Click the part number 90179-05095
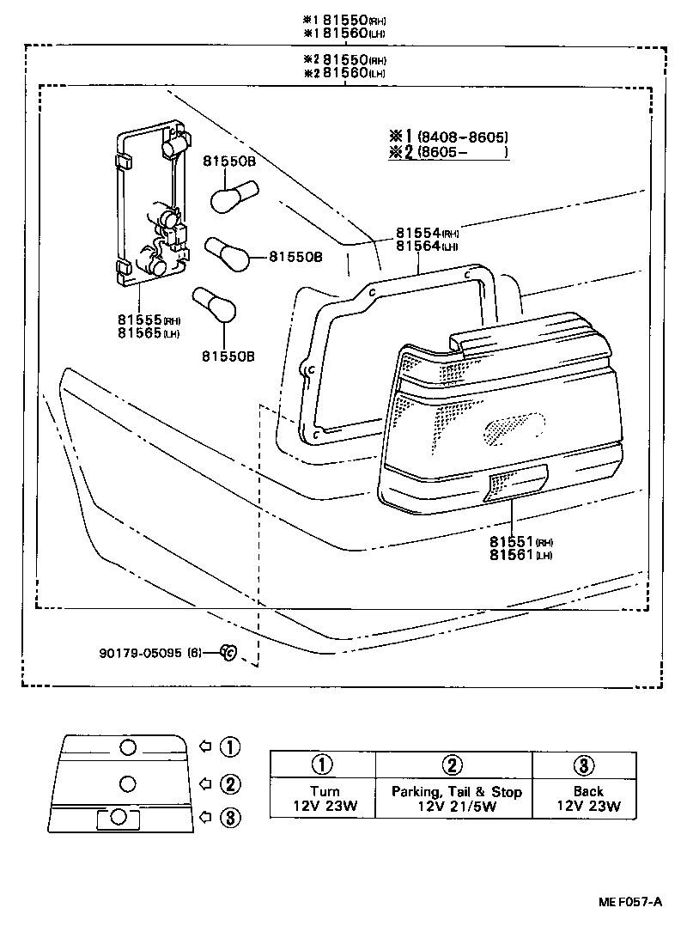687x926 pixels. (139, 653)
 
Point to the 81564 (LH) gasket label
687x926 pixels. (427, 246)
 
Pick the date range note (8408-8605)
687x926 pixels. (462, 137)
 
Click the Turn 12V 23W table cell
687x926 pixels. (323, 799)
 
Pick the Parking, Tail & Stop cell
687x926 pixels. (453, 799)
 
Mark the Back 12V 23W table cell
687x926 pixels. (584, 799)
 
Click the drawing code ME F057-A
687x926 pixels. (630, 901)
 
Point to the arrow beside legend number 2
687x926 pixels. (204, 783)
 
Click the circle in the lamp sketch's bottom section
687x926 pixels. (119, 817)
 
